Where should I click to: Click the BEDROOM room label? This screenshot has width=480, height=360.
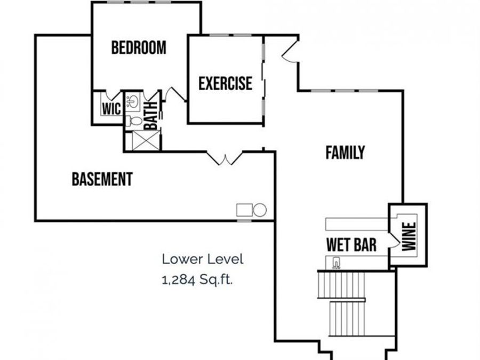coord(138,47)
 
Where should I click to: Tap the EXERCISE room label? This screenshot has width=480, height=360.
coord(225,84)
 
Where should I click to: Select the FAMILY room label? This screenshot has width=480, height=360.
coord(345,153)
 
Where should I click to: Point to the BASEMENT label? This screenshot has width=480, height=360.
coord(102,179)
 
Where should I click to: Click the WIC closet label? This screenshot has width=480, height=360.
coord(111,109)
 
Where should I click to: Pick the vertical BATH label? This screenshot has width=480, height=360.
coord(151,115)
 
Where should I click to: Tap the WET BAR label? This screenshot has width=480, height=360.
coord(351,245)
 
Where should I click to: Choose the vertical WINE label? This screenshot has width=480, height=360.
coord(409,236)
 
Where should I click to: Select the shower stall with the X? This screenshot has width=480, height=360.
coord(143,140)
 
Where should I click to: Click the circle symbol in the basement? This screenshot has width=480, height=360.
coord(260,210)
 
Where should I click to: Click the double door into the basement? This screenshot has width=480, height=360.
coord(225,158)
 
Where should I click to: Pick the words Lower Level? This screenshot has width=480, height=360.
coord(203,260)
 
